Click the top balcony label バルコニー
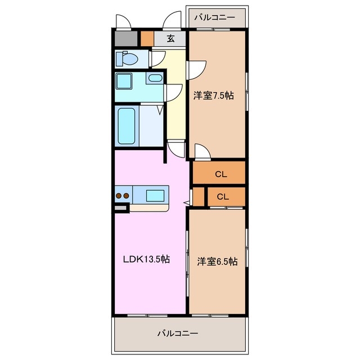(214, 17)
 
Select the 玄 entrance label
(170, 39)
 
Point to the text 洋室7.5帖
(214, 96)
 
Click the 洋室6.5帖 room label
(217, 262)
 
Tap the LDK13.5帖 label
(147, 259)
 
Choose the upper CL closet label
(220, 174)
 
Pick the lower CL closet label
(223, 196)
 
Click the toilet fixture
(127, 58)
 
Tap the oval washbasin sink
(154, 78)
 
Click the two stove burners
(123, 196)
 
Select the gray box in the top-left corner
(125, 39)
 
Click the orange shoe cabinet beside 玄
(147, 39)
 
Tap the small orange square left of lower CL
(197, 196)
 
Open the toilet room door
(157, 57)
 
